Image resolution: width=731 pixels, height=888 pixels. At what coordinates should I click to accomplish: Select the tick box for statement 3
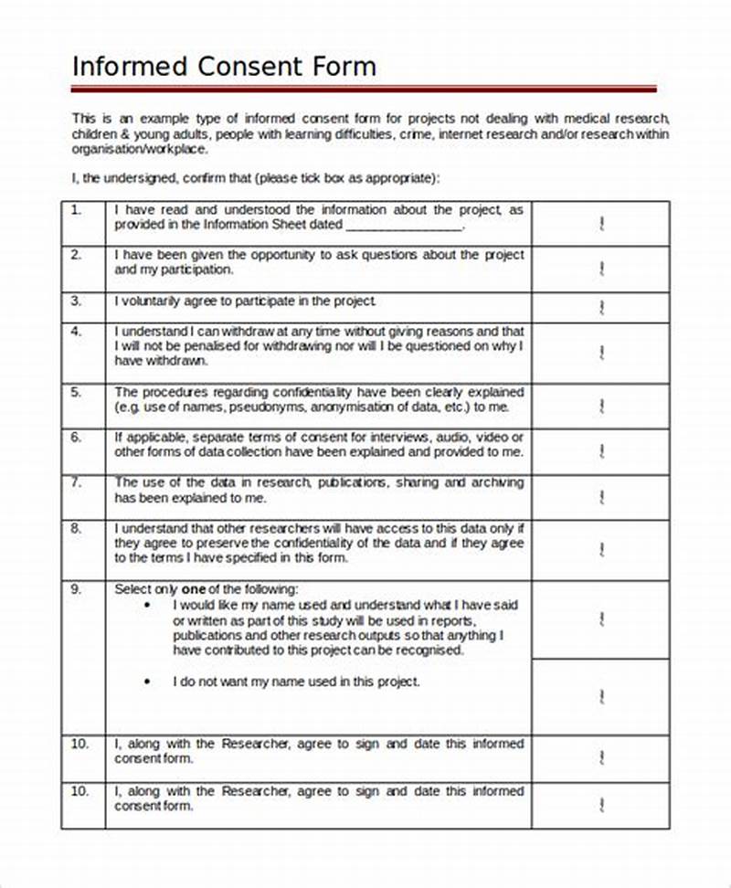pyautogui.click(x=601, y=306)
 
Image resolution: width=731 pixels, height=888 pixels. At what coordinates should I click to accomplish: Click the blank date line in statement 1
pyautogui.click(x=404, y=225)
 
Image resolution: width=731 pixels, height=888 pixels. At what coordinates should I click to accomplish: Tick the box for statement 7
pyautogui.click(x=601, y=497)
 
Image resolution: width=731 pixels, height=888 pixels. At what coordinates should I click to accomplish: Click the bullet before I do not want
pyautogui.click(x=148, y=682)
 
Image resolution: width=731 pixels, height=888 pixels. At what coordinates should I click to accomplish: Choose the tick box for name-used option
pyautogui.click(x=601, y=620)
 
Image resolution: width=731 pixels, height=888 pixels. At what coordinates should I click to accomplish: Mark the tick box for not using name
pyautogui.click(x=601, y=697)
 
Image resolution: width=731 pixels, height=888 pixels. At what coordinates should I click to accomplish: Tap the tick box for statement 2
pyautogui.click(x=601, y=269)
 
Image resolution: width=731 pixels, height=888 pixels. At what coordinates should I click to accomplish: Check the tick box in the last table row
pyautogui.click(x=601, y=804)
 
